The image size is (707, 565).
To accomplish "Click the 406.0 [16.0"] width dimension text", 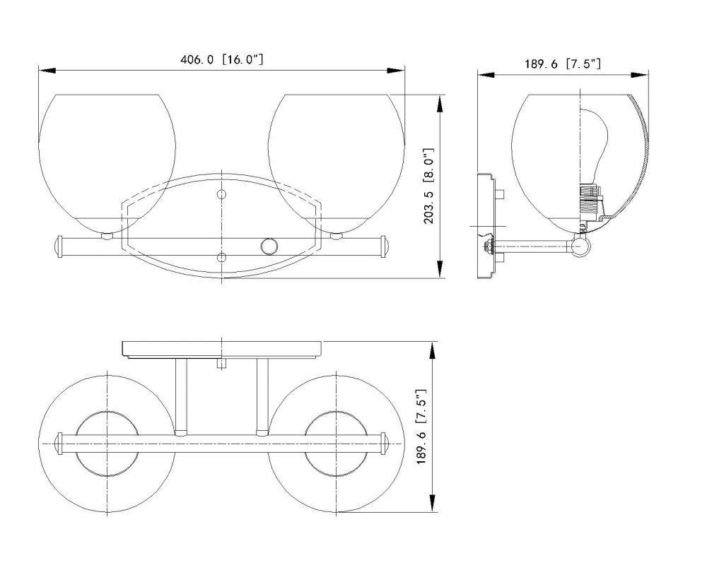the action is click(221, 59).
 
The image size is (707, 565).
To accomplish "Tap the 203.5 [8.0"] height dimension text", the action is click(429, 186).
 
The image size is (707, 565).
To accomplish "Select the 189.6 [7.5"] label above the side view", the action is click(562, 64).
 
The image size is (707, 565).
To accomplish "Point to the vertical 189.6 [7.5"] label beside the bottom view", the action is click(421, 427).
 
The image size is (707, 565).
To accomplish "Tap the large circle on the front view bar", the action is click(269, 247).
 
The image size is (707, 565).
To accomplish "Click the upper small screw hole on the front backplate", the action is click(221, 195).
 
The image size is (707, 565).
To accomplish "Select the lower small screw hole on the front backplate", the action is click(221, 258).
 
